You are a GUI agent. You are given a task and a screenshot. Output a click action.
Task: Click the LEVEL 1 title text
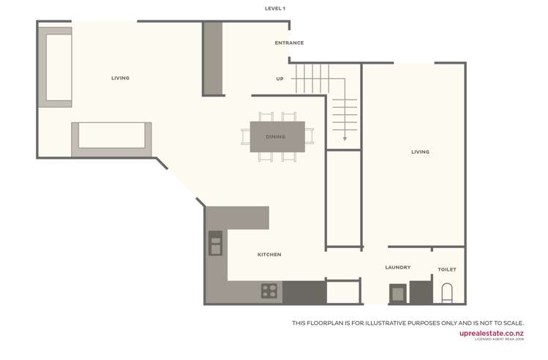coord(275,9)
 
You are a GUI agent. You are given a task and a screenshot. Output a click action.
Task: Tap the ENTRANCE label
coord(289,43)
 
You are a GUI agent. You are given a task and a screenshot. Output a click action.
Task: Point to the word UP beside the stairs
coord(279,79)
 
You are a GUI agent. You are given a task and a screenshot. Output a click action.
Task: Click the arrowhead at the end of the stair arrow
coord(345,138)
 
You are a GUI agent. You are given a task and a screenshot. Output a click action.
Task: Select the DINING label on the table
coord(276,137)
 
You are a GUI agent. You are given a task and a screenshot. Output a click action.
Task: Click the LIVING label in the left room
coord(120,78)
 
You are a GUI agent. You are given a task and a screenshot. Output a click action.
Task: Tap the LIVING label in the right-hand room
coord(420,152)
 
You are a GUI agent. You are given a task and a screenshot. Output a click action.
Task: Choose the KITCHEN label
coord(269,255)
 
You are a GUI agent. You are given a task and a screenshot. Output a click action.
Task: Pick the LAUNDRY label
coord(398,268)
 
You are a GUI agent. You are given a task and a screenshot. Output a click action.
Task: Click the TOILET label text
coord(447,270)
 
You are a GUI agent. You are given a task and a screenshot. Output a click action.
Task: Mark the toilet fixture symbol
coord(447,293)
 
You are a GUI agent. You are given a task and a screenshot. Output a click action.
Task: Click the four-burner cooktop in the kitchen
coord(269,291)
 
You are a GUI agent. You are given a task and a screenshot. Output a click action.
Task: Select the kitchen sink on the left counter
coord(215,243)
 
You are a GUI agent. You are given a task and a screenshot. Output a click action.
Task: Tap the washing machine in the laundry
coord(397,293)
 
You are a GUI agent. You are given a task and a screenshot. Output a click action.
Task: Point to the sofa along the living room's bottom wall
coord(111,139)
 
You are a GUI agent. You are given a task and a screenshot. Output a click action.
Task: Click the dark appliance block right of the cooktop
coord(304,292)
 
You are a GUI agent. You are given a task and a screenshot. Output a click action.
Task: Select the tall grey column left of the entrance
coord(212,59)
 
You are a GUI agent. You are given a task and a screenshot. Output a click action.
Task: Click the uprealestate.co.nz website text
coord(491,333)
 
